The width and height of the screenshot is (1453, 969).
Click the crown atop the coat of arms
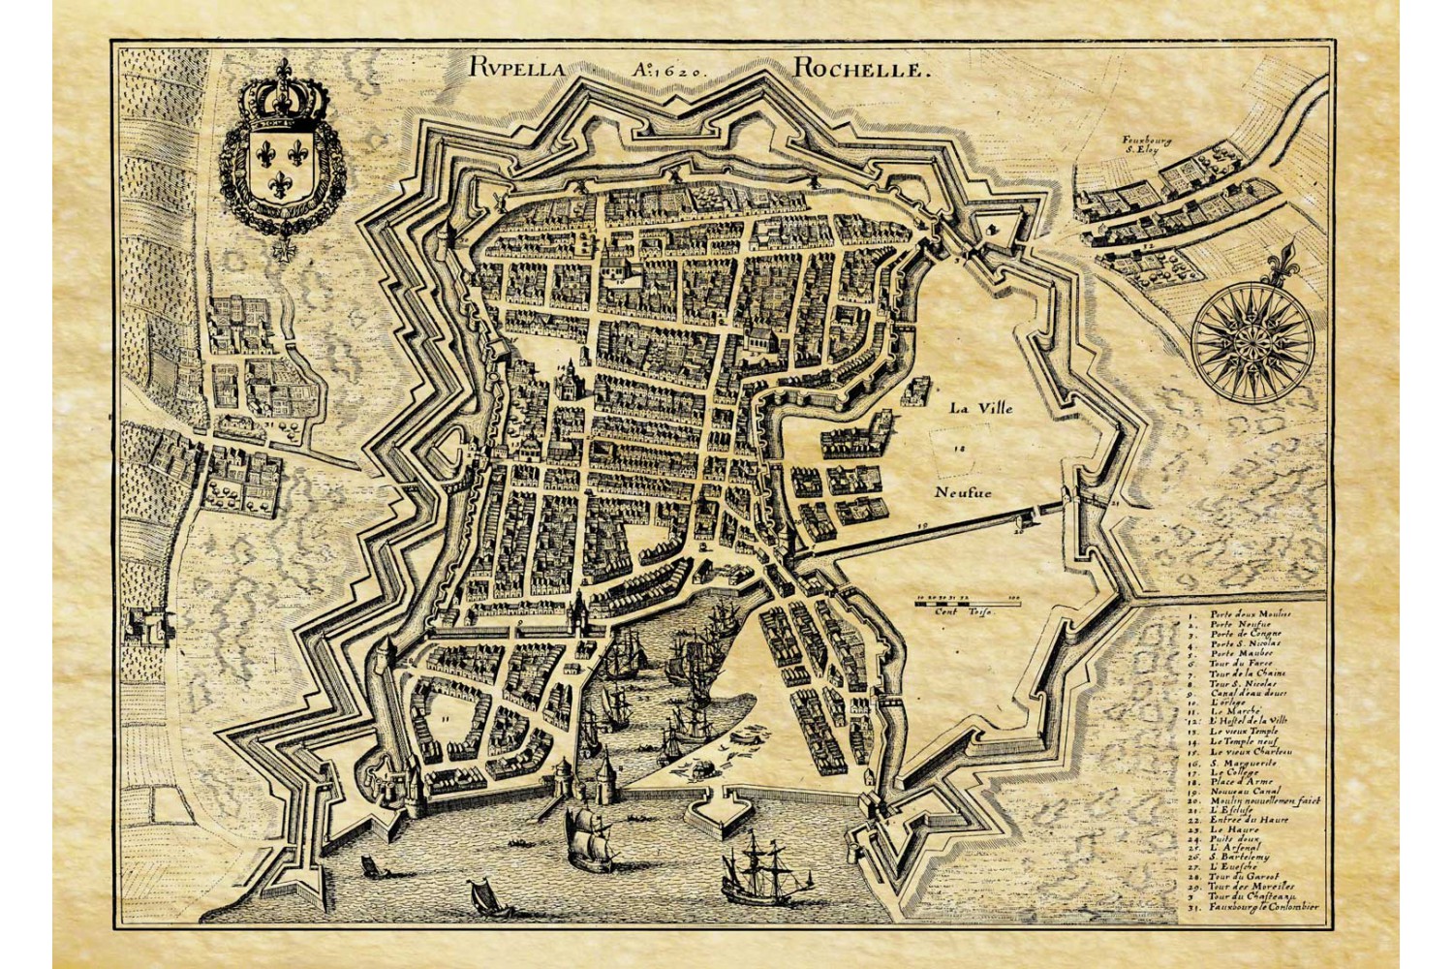pyautogui.click(x=283, y=98)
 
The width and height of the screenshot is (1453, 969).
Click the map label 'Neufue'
pyautogui.click(x=964, y=491)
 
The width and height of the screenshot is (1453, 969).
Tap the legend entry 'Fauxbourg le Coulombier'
pyautogui.click(x=1263, y=907)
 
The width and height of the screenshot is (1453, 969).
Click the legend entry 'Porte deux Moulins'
pyautogui.click(x=1249, y=614)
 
